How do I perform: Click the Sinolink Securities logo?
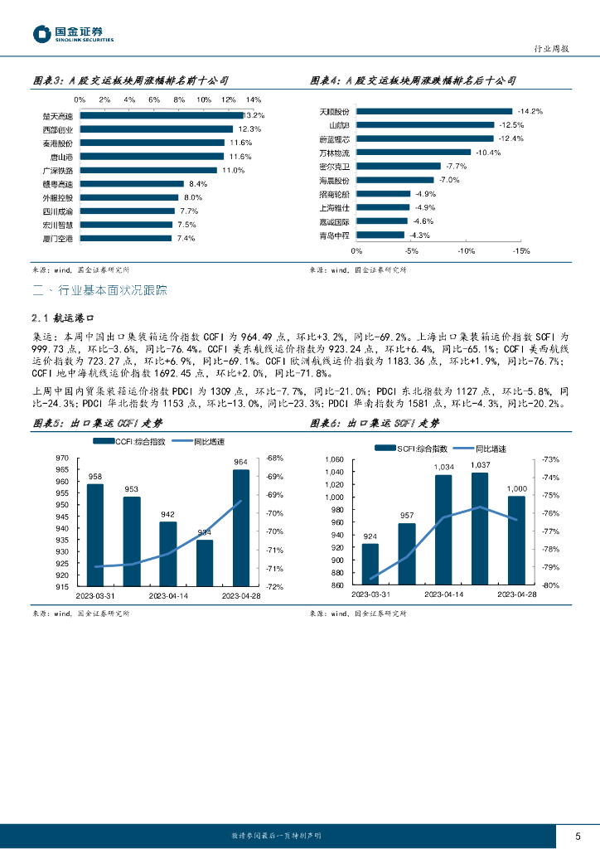point(73,34)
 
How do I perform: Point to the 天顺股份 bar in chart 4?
point(434,111)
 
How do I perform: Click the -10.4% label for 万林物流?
point(490,153)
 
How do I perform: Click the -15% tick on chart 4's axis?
point(520,250)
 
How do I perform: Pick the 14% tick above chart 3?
point(254,99)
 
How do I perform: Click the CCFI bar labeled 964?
point(240,527)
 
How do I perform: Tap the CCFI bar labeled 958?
point(95,535)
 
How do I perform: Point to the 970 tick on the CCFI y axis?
point(61,458)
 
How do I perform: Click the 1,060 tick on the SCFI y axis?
point(334,459)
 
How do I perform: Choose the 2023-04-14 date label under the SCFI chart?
point(443,594)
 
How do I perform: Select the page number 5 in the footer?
point(578,835)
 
